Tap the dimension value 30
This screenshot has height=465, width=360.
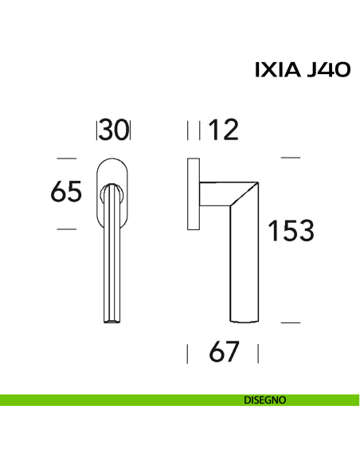pyautogui.click(x=114, y=130)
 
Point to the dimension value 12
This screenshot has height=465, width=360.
pyautogui.click(x=224, y=130)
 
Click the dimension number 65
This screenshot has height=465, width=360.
pyautogui.click(x=66, y=193)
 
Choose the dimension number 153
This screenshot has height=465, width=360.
pyautogui.click(x=290, y=231)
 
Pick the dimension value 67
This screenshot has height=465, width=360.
pyautogui.click(x=223, y=352)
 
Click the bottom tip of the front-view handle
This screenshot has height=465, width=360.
pyautogui.click(x=113, y=320)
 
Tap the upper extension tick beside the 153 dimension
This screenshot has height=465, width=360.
pyautogui.click(x=291, y=158)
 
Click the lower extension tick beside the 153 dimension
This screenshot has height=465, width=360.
pyautogui.click(x=291, y=322)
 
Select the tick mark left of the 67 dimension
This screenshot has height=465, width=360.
pyautogui.click(x=187, y=353)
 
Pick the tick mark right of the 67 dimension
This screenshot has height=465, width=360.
pyautogui.click(x=260, y=353)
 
